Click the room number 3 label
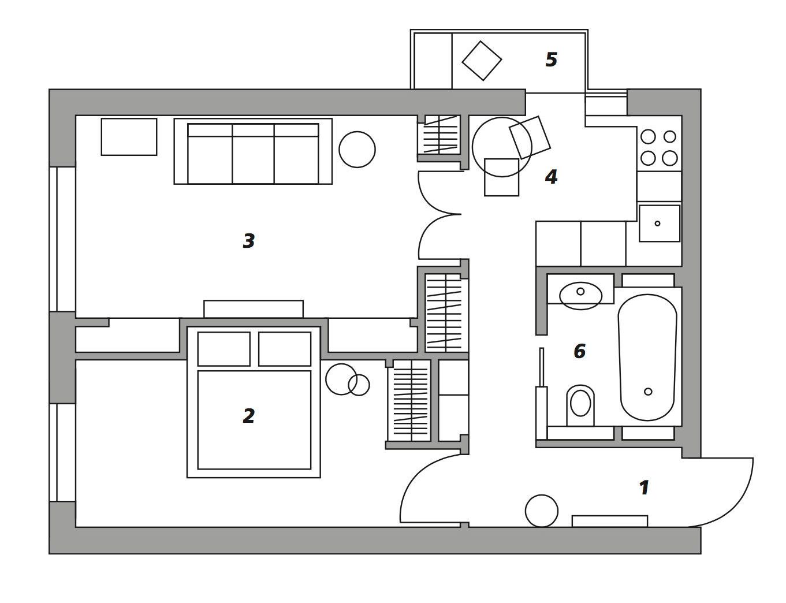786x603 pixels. tap(249, 241)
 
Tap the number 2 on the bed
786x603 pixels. tap(249, 416)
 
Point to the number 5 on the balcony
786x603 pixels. tap(552, 59)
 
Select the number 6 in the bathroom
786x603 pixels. tap(580, 351)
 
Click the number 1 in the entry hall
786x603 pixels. tap(644, 487)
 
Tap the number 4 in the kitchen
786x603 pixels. tap(552, 177)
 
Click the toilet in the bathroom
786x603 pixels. tap(580, 405)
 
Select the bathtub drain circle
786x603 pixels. tap(648, 392)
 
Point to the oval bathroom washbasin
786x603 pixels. tap(580, 296)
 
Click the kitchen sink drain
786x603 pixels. tap(657, 223)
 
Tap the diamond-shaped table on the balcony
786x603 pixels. tap(482, 61)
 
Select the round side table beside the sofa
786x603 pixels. tap(357, 150)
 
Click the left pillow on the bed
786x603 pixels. tap(224, 349)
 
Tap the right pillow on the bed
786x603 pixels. tap(285, 349)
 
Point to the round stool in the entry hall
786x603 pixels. tap(542, 511)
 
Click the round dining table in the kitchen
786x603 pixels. tap(502, 147)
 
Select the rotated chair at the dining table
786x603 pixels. tap(530, 137)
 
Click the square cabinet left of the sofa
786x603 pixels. tap(129, 137)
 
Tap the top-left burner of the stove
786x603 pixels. tap(648, 137)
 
